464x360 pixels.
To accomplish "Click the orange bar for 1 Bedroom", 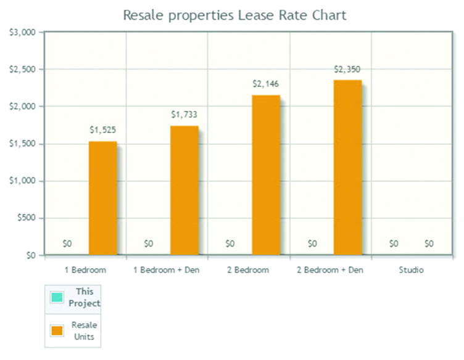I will tap(102, 198).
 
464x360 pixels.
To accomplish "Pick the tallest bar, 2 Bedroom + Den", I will tap(347, 167).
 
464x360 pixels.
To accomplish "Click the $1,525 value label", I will tap(102, 130).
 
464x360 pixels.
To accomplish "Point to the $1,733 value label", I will tap(184, 115).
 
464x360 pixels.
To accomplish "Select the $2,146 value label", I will tap(266, 84).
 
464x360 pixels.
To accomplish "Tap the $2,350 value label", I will tap(347, 69).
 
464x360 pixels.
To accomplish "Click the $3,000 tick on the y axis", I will tap(22, 32).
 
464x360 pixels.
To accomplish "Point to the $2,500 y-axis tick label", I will tap(22, 69).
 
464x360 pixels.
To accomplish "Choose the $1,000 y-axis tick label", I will tap(22, 181).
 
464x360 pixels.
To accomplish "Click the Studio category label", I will tap(412, 270).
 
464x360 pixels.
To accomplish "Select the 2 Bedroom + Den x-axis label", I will tap(330, 270).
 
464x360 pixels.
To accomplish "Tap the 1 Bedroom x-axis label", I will tap(85, 270).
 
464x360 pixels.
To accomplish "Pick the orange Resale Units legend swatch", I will tap(57, 330).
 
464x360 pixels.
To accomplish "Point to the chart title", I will tap(234, 15).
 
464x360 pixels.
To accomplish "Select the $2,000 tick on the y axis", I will tap(22, 107).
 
